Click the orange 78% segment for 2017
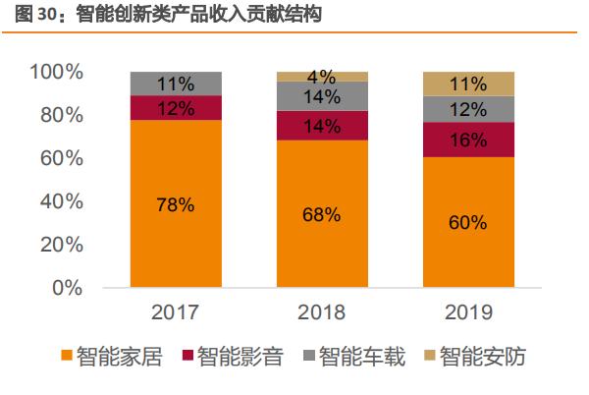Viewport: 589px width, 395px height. [x=176, y=204]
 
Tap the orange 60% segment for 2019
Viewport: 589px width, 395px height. [x=466, y=222]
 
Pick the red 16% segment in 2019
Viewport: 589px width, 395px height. [x=466, y=140]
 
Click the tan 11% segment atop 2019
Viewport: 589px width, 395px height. [x=466, y=84]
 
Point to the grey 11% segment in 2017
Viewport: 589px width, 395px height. [x=176, y=84]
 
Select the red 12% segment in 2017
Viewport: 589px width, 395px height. [x=176, y=108]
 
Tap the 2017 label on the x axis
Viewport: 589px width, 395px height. [x=176, y=312]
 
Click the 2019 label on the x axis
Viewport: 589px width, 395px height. [x=466, y=312]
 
